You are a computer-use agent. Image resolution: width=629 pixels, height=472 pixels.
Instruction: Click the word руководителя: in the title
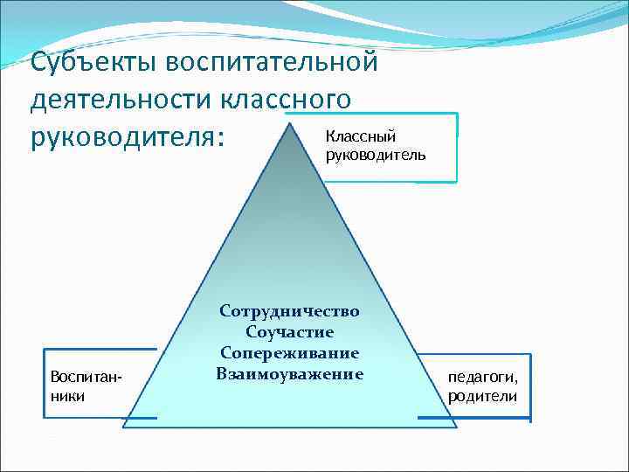point(126,138)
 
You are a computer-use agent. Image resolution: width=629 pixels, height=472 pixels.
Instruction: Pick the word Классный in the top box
point(361,136)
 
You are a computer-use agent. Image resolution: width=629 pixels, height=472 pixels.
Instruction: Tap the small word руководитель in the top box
point(376,155)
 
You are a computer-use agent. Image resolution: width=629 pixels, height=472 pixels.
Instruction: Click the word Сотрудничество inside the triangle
point(289,311)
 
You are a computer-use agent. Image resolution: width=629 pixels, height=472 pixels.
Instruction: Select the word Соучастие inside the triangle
point(289,332)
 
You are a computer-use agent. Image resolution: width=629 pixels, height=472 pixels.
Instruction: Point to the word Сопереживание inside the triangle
point(289,353)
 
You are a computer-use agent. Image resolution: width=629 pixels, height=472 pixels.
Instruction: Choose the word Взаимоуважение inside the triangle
point(289,374)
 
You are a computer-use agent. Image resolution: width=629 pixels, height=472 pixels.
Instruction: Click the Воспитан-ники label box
point(86,385)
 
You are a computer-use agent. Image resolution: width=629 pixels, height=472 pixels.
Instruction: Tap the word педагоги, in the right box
point(482,378)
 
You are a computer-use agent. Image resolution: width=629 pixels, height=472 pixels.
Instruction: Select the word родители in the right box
point(482,396)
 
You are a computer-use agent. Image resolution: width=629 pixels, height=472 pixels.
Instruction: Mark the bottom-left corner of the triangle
point(123,427)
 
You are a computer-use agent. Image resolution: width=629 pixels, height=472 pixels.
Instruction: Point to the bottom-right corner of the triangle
point(456,427)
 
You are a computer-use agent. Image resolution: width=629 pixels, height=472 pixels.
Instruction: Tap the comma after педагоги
point(515,382)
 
